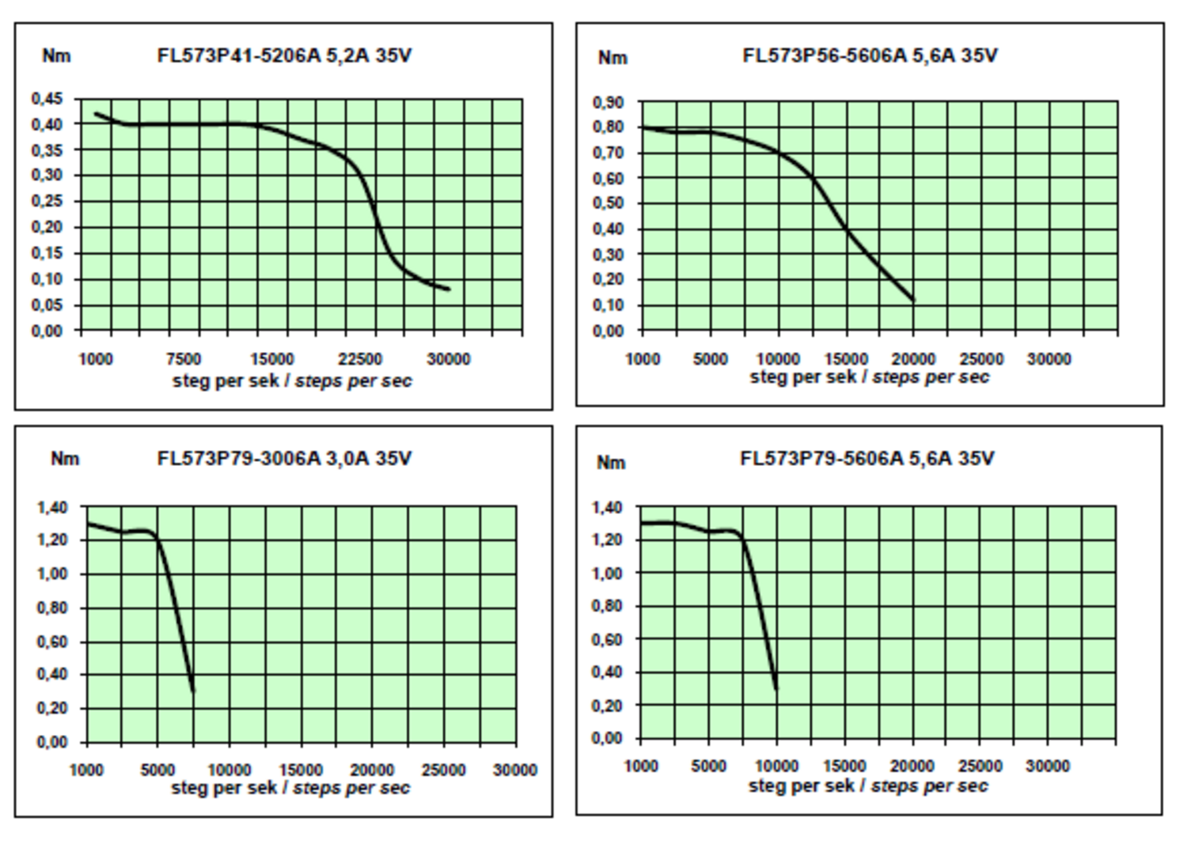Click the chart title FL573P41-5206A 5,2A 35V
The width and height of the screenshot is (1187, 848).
pyautogui.click(x=284, y=56)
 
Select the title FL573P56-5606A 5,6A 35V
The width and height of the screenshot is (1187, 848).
pyautogui.click(x=869, y=56)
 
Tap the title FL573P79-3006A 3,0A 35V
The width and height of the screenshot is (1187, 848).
pyautogui.click(x=284, y=459)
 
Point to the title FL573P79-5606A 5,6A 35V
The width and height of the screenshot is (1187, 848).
pyautogui.click(x=867, y=459)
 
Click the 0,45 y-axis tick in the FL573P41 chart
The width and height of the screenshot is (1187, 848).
pyautogui.click(x=47, y=99)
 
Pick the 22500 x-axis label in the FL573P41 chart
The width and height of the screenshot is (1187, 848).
pyautogui.click(x=360, y=359)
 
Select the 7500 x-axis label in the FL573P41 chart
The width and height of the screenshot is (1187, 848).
pyautogui.click(x=184, y=359)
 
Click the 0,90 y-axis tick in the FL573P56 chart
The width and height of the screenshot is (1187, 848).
pyautogui.click(x=608, y=102)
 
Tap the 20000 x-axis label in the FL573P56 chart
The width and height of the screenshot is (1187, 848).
pyautogui.click(x=913, y=359)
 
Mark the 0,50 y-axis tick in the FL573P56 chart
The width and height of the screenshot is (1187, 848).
pyautogui.click(x=608, y=203)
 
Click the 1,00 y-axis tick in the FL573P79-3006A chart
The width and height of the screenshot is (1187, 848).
pyautogui.click(x=51, y=574)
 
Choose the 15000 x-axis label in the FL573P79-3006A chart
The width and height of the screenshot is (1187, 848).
pyautogui.click(x=301, y=770)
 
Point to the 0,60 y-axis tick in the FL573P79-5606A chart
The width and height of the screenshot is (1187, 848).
pyautogui.click(x=607, y=639)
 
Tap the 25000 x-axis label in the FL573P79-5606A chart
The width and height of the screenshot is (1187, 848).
pyautogui.click(x=980, y=766)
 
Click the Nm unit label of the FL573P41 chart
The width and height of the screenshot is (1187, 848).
pyautogui.click(x=56, y=56)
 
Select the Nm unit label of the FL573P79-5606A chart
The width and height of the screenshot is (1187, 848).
pyautogui.click(x=611, y=463)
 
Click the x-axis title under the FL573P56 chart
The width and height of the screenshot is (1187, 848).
pyautogui.click(x=869, y=377)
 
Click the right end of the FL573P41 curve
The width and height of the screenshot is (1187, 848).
pyautogui.click(x=449, y=289)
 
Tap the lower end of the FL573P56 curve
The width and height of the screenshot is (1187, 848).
pyautogui.click(x=913, y=301)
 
